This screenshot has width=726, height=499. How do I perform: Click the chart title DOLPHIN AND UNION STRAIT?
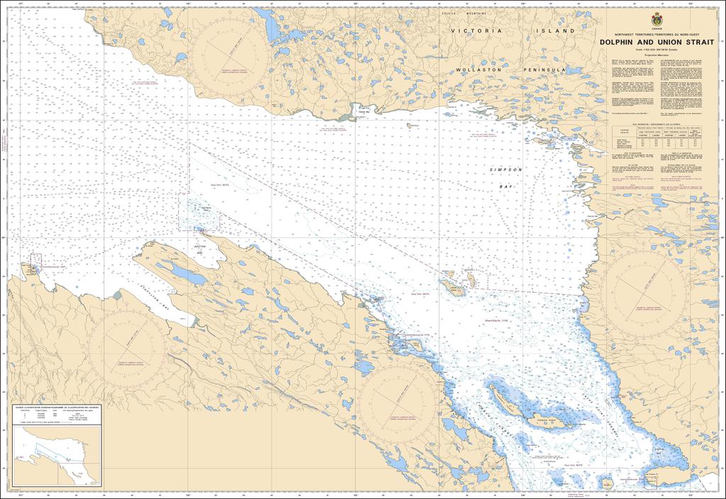[659, 43]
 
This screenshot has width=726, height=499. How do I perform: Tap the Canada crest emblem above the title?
[659, 21]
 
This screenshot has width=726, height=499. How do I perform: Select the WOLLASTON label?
[480, 70]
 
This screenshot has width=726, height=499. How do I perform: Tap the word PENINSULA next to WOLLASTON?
[544, 70]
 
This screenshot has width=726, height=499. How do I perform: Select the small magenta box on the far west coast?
[35, 261]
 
